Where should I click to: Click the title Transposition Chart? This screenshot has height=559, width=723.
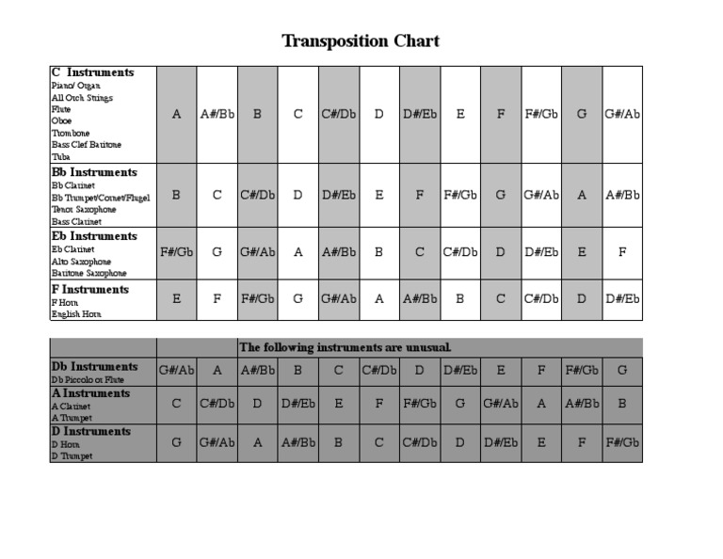point(361,41)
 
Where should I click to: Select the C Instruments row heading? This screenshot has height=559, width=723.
point(92,72)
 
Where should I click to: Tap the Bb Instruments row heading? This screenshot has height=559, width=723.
point(94,173)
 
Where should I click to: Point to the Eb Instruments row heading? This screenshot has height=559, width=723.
point(94,236)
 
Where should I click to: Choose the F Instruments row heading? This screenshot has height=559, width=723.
point(90,290)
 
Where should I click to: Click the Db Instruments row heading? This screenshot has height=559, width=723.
point(94,366)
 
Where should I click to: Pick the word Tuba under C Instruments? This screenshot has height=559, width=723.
point(61,157)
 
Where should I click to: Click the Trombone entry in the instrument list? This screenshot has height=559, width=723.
point(71,134)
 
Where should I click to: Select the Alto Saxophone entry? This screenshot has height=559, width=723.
point(81,262)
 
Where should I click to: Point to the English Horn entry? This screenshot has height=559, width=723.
point(76,314)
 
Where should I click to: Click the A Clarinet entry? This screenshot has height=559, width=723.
point(72,406)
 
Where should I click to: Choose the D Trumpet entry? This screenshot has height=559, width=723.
point(73,456)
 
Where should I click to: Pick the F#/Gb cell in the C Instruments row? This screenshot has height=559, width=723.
point(541,114)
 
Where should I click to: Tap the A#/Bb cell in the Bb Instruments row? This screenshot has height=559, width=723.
point(622,195)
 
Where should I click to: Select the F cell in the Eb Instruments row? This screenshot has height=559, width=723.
point(622,252)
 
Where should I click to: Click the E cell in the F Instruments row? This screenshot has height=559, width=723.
point(177,299)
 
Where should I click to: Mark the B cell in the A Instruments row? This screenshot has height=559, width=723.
point(622,402)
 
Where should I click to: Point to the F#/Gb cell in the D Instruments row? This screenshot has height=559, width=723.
point(622,440)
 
